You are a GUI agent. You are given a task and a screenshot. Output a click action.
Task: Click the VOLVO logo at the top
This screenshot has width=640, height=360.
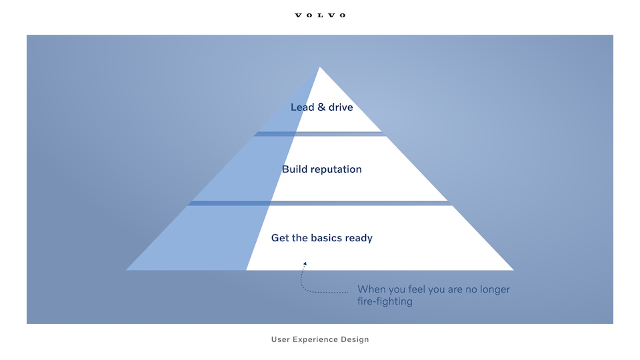320,15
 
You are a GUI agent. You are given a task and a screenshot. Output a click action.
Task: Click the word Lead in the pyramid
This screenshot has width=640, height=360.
303,107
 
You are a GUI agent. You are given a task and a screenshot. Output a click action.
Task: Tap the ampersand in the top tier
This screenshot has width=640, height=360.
321,107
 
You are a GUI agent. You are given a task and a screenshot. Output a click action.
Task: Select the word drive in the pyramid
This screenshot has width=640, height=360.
341,107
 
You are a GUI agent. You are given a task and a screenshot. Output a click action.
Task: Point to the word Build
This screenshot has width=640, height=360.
295,169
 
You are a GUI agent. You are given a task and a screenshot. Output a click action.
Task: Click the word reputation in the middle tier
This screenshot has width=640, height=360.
336,170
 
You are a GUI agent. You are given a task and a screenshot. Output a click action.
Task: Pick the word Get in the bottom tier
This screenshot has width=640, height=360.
280,237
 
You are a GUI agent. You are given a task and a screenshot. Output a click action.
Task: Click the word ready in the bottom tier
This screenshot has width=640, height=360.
359,239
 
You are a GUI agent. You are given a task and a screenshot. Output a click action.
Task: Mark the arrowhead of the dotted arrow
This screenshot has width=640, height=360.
305,264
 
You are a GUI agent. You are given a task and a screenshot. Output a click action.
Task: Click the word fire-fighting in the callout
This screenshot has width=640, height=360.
385,301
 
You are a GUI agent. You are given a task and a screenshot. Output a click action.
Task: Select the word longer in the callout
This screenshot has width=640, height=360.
495,290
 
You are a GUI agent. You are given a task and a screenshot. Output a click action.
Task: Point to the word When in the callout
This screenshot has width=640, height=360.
371,289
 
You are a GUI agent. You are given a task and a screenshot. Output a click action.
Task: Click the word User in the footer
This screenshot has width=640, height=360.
281,339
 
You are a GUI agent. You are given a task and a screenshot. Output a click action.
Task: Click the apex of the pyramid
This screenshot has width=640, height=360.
319,67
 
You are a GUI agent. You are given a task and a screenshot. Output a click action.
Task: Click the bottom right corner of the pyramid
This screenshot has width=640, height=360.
513,270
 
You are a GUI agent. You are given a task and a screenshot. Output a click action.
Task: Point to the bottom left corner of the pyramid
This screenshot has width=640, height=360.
126,270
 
